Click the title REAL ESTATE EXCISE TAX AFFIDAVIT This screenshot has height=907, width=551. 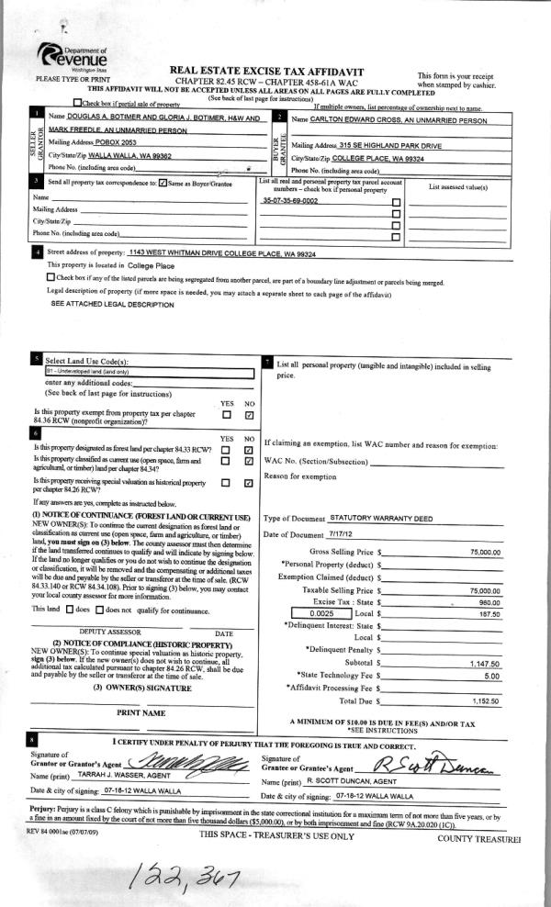pos(267,71)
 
